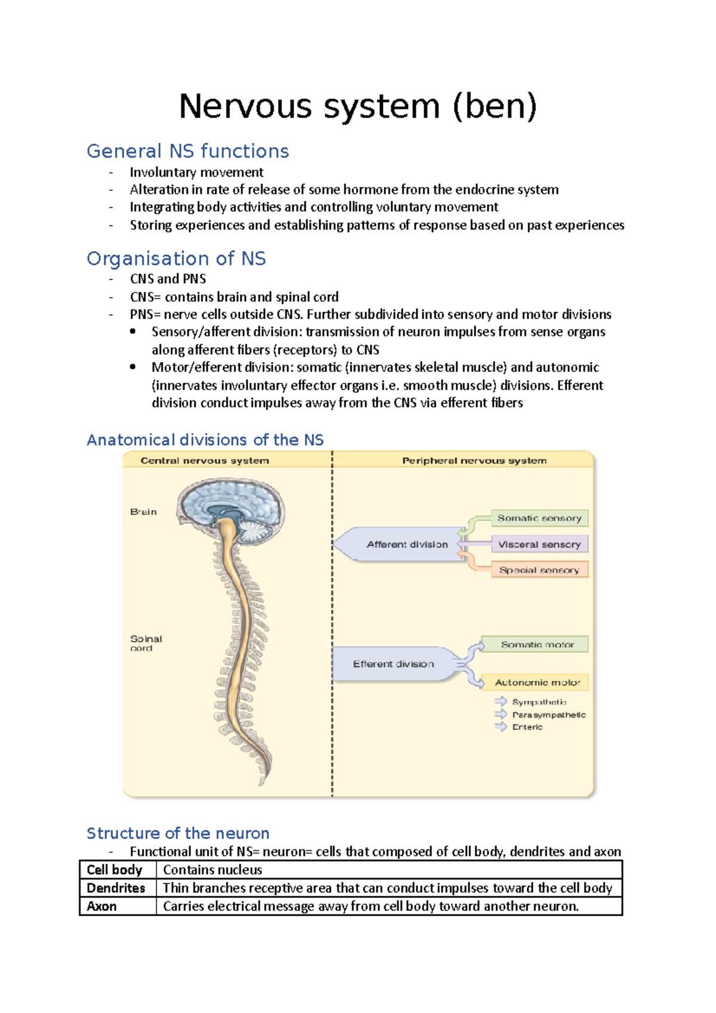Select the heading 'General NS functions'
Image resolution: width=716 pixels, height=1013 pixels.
click(187, 151)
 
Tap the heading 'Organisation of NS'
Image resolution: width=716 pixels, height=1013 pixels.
click(176, 258)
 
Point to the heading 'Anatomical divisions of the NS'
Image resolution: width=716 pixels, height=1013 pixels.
click(205, 440)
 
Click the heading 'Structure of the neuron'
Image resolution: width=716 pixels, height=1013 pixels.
click(178, 833)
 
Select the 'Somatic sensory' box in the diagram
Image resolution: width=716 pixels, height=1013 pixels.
click(539, 518)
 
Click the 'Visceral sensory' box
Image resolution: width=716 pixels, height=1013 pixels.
click(539, 544)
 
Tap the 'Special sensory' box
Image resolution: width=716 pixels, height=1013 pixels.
click(539, 570)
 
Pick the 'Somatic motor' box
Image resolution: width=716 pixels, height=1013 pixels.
click(537, 644)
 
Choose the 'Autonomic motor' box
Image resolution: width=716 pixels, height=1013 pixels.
click(537, 682)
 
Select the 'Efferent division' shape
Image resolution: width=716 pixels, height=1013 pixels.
click(394, 663)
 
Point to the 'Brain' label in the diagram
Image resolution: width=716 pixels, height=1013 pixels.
click(143, 512)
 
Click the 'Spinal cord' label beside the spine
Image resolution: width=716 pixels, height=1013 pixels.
click(146, 643)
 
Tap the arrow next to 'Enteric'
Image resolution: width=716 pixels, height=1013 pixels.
click(501, 727)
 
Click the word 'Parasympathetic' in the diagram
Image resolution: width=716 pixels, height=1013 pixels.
click(549, 715)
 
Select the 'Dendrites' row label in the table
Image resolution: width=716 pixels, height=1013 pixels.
click(116, 888)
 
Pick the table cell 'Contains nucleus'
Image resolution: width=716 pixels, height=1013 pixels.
click(212, 870)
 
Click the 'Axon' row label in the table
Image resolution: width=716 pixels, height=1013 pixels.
click(102, 906)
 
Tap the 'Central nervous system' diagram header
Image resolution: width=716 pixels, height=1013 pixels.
click(205, 461)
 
